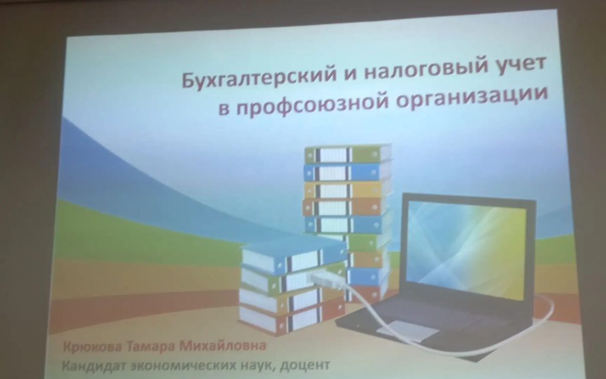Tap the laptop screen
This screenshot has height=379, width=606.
click(x=468, y=248)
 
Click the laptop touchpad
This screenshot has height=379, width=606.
click(x=408, y=330)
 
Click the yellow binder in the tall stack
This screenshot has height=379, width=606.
click(x=347, y=189)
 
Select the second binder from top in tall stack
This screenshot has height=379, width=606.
click(x=347, y=172)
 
